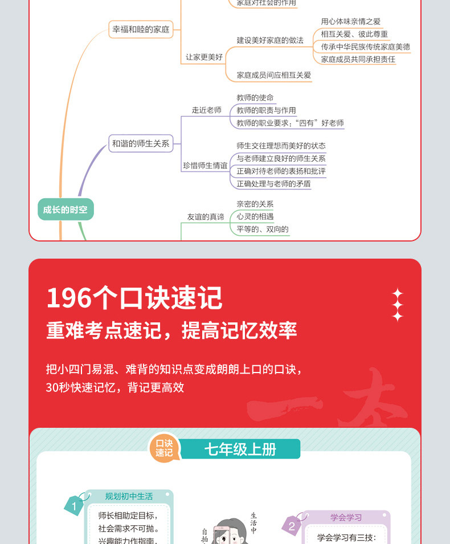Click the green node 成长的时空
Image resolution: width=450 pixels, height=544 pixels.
65,210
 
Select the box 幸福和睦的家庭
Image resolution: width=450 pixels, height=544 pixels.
141,29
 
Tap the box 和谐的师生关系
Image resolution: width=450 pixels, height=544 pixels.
141,144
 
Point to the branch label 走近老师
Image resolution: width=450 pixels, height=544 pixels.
206,110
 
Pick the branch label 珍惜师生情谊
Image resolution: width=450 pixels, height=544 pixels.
204,165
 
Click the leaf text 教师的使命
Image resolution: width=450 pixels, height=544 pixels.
255,98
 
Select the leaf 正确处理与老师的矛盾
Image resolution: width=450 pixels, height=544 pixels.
273,183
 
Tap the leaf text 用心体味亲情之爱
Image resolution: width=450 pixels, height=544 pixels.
350,22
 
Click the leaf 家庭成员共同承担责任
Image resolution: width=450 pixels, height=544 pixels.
358,59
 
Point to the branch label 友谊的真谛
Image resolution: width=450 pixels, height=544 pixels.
206,216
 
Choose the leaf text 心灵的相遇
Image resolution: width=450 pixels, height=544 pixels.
255,216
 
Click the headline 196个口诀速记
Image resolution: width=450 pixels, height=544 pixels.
134,298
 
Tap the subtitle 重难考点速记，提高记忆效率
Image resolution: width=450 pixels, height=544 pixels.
171,330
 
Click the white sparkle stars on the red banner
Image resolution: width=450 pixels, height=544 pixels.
397,305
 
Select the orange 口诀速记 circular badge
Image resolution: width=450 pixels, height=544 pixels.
164,448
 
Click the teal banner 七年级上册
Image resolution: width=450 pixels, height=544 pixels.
240,449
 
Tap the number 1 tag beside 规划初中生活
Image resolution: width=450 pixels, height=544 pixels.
74,505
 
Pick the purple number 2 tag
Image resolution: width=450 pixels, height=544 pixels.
292,526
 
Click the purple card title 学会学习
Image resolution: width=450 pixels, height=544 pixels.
346,517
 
